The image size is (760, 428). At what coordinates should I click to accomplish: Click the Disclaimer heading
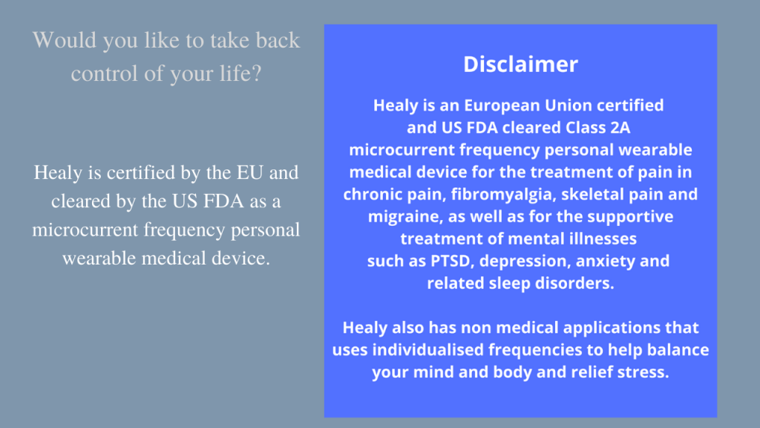(520, 65)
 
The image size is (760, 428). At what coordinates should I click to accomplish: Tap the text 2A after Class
(615, 127)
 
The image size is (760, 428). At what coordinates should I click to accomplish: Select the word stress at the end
(644, 372)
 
